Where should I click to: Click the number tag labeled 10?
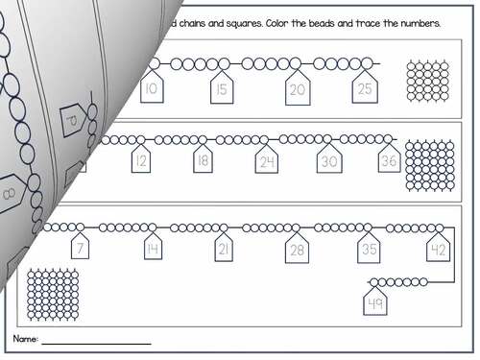coord(151,89)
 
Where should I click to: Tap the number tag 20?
coord(297,89)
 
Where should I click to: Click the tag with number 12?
coord(141,160)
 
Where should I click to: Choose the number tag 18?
coord(203,160)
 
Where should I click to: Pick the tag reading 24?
coord(267,161)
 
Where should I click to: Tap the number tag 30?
coord(329,161)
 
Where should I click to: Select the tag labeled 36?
coord(388,160)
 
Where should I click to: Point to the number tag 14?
coord(153,250)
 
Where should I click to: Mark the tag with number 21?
coord(224,250)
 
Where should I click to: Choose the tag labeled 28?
coord(296,251)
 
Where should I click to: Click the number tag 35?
coord(369,250)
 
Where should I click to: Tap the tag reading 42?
coord(439,250)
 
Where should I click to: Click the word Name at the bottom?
coord(25,341)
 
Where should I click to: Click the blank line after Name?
coord(96,343)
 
